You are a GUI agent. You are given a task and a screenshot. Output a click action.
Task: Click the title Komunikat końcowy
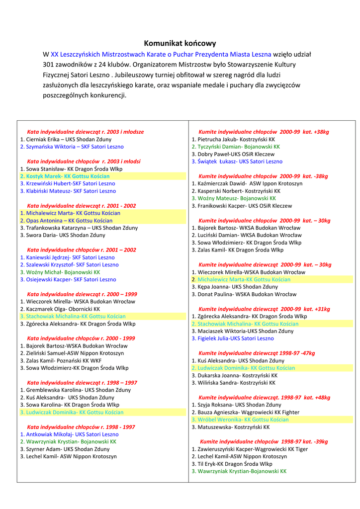[180, 43]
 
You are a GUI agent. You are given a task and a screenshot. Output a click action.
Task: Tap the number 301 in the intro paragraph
[49, 65]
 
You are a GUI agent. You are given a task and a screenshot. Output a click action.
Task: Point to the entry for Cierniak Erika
[66, 139]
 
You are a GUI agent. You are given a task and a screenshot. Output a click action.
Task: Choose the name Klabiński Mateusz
[68, 191]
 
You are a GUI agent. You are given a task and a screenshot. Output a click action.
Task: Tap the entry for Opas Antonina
[66, 220]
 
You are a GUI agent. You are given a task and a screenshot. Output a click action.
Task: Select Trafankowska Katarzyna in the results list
[79, 228]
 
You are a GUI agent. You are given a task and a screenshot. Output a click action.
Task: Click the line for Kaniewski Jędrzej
[67, 257]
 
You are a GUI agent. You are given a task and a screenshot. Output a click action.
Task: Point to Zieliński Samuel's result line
[72, 353]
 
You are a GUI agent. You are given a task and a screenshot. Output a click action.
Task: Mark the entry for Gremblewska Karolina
[75, 390]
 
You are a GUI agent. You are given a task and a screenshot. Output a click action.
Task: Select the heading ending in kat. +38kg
[264, 132]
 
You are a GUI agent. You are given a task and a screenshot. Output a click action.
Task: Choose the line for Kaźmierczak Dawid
[247, 183]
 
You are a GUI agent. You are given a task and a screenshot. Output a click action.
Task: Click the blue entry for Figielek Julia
[232, 339]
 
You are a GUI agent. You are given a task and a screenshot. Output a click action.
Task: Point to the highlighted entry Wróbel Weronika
[240, 420]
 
